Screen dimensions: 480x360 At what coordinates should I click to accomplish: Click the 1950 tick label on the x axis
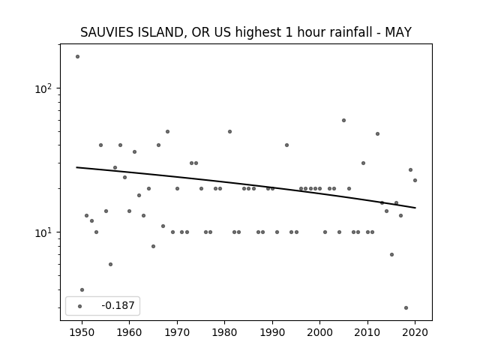[x=82, y=332]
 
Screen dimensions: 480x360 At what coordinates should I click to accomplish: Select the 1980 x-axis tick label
[x=224, y=332]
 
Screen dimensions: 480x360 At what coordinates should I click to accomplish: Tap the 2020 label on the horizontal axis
[x=415, y=332]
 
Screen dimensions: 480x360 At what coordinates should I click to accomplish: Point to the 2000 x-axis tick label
[x=320, y=332]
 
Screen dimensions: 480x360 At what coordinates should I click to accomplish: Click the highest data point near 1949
[x=77, y=57]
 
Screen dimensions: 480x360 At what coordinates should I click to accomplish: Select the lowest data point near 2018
[x=406, y=308]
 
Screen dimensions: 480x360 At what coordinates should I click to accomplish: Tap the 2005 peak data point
[x=343, y=120]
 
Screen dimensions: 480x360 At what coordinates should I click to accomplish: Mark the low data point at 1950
[x=82, y=290]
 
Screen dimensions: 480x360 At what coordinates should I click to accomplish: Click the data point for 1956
[x=110, y=264]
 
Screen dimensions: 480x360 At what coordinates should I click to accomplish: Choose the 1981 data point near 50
[x=230, y=132]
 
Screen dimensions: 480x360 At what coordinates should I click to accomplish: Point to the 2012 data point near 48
[x=377, y=133]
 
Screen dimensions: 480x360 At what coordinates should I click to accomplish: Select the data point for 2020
[x=415, y=180]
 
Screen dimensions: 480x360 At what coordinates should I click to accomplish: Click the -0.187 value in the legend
[x=118, y=305]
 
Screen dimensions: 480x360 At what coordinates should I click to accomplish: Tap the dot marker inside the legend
[x=80, y=306]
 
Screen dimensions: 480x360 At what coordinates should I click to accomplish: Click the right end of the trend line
[x=415, y=208]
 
